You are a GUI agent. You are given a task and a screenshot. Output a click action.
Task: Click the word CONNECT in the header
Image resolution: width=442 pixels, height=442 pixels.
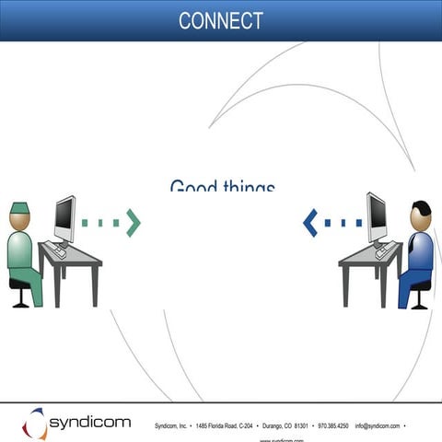tap(221, 20)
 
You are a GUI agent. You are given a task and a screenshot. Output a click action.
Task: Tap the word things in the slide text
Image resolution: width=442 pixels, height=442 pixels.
tap(249, 188)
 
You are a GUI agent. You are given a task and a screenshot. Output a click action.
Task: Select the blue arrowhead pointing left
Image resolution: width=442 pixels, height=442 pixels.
tap(310, 222)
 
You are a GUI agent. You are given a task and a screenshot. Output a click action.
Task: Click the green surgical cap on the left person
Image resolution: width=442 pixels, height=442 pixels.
tap(20, 209)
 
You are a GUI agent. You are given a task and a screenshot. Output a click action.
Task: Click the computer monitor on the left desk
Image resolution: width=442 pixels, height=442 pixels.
tap(64, 218)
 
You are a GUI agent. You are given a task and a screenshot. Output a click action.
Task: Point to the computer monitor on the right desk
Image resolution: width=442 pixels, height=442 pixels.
tap(377, 216)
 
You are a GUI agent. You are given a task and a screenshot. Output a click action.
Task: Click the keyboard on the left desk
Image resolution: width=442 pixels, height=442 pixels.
tap(58, 250)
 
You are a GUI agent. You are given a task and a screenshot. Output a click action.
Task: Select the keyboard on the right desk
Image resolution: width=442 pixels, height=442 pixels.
tap(382, 250)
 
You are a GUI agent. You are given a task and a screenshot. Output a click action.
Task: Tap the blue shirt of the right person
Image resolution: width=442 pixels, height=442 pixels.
tap(420, 253)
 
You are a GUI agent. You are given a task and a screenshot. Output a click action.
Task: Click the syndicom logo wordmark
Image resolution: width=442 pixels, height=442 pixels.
tap(89, 424)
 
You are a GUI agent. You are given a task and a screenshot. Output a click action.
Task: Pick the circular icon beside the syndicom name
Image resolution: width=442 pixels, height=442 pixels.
tap(34, 424)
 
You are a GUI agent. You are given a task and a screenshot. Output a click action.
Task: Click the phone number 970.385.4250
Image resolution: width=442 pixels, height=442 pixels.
tap(332, 426)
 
